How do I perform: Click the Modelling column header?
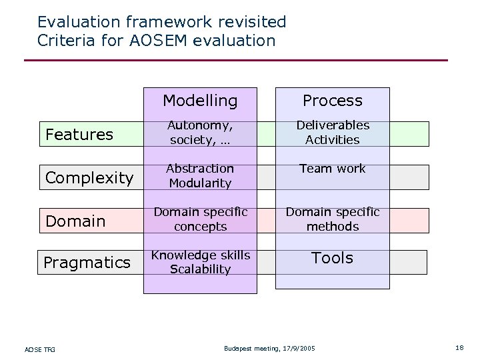200,101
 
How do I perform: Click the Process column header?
332,101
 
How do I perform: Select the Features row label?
79,135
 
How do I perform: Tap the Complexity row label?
89,178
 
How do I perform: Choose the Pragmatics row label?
87,263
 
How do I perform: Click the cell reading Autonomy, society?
200,133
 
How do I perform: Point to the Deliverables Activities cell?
332,133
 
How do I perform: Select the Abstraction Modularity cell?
200,176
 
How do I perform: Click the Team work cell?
332,169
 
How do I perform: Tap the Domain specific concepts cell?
200,219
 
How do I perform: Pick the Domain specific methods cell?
332,219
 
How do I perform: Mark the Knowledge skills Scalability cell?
200,262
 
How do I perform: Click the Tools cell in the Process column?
332,258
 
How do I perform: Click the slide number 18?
459,348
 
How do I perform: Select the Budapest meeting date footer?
270,349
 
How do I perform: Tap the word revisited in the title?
249,22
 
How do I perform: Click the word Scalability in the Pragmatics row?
200,269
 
